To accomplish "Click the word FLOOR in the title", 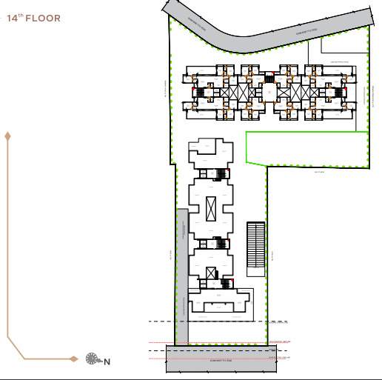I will click(x=44, y=18).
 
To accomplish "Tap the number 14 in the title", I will click(x=13, y=18).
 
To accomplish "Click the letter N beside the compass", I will click(x=107, y=362).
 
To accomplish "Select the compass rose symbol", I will click(x=93, y=359).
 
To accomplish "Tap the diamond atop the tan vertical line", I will click(x=8, y=136).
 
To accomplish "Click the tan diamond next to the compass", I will click(x=74, y=359).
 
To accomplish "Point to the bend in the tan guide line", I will click(x=10, y=343).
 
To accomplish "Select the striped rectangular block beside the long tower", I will click(x=255, y=244).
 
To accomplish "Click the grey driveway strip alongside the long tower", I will click(x=182, y=274).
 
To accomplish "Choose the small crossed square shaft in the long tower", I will click(x=211, y=272).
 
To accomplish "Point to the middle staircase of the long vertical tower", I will click(x=218, y=242).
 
